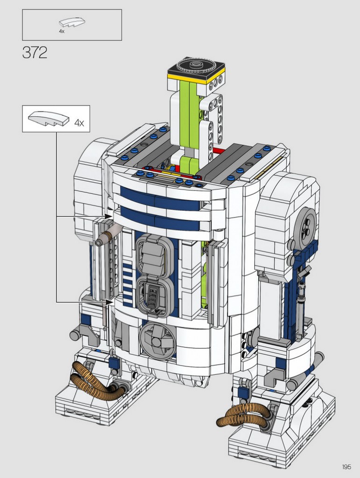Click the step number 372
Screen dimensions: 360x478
pyautogui.click(x=35, y=52)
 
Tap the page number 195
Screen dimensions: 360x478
pyautogui.click(x=346, y=467)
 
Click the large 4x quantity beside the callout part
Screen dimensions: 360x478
pyautogui.click(x=79, y=123)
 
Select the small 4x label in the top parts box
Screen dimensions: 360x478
pyautogui.click(x=62, y=31)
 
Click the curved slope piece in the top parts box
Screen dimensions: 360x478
pyautogui.click(x=72, y=22)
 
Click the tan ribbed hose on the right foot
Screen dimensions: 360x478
pyautogui.click(x=244, y=415)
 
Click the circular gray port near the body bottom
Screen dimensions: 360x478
pyautogui.click(x=157, y=340)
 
